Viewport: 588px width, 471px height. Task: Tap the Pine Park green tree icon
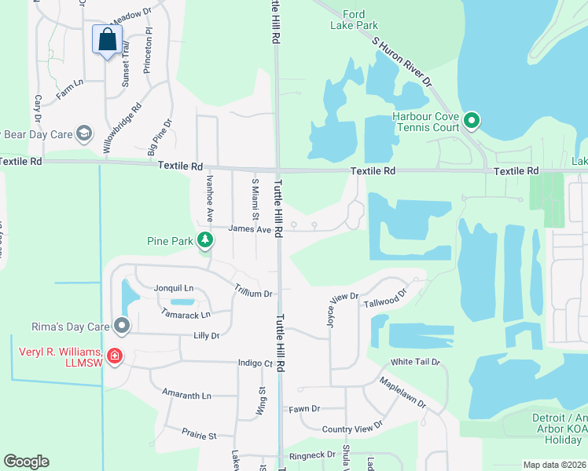coord(205,239)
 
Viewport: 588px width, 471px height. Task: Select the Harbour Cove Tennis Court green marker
coord(472,121)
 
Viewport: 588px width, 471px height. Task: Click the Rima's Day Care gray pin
coord(121,324)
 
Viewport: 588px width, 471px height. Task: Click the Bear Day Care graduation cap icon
coord(84,133)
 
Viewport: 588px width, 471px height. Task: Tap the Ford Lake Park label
coord(355,20)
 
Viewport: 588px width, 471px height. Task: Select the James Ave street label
coord(250,229)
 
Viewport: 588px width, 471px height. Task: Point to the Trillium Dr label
coord(253,291)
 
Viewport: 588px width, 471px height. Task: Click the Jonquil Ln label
coord(173,287)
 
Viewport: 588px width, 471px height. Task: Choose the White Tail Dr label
coord(416,362)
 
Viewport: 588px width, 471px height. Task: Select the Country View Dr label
coord(352,428)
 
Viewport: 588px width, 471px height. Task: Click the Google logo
coord(26,462)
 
